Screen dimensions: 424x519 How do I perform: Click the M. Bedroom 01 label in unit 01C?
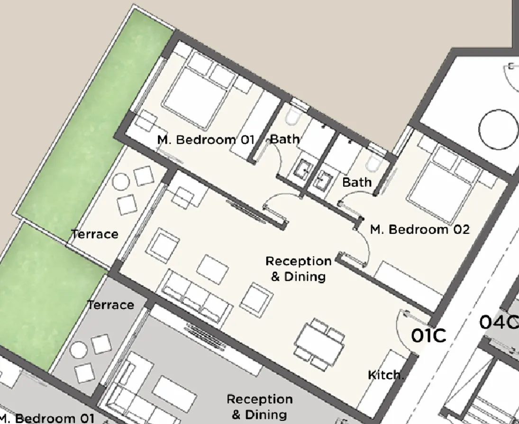pos(206,140)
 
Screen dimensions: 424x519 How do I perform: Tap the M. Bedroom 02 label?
pos(419,230)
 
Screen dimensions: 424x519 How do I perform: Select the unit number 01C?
pos(428,335)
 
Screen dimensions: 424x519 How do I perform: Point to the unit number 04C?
pos(498,323)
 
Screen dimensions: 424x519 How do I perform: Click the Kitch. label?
pos(386,375)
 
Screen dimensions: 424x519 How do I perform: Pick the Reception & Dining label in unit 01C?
pos(298,268)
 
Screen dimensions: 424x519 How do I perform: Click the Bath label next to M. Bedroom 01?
pos(285,139)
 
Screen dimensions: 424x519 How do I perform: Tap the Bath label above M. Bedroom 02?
pos(357,182)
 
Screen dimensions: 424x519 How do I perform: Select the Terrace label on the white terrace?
pos(94,234)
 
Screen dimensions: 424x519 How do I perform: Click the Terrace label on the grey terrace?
pos(110,305)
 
